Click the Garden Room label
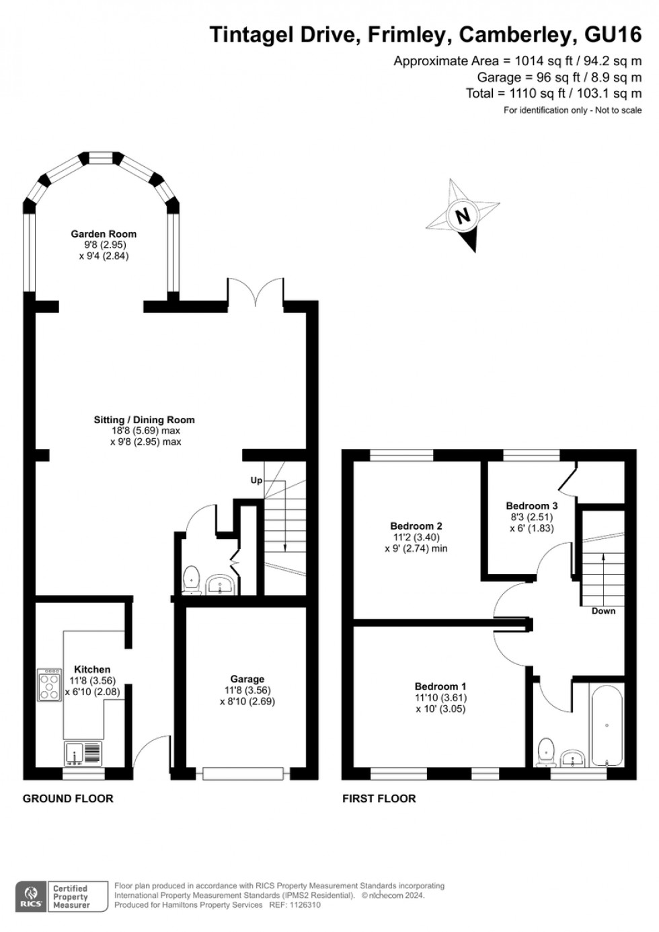pyautogui.click(x=104, y=234)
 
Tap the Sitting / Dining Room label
pyautogui.click(x=144, y=420)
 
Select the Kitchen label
pyautogui.click(x=92, y=670)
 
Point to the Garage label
pyautogui.click(x=247, y=679)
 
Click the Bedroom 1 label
pyautogui.click(x=440, y=687)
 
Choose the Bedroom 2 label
pyautogui.click(x=416, y=526)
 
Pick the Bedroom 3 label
pyautogui.click(x=531, y=506)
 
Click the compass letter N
pyautogui.click(x=463, y=216)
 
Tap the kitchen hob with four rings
pyautogui.click(x=50, y=684)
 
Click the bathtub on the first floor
pyautogui.click(x=607, y=725)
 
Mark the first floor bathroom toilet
pyautogui.click(x=546, y=752)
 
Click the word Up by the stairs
pyautogui.click(x=256, y=480)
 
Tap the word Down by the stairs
pyautogui.click(x=603, y=611)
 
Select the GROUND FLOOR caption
pyautogui.click(x=68, y=798)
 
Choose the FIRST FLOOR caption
pyautogui.click(x=379, y=798)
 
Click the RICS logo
pyautogui.click(x=31, y=896)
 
